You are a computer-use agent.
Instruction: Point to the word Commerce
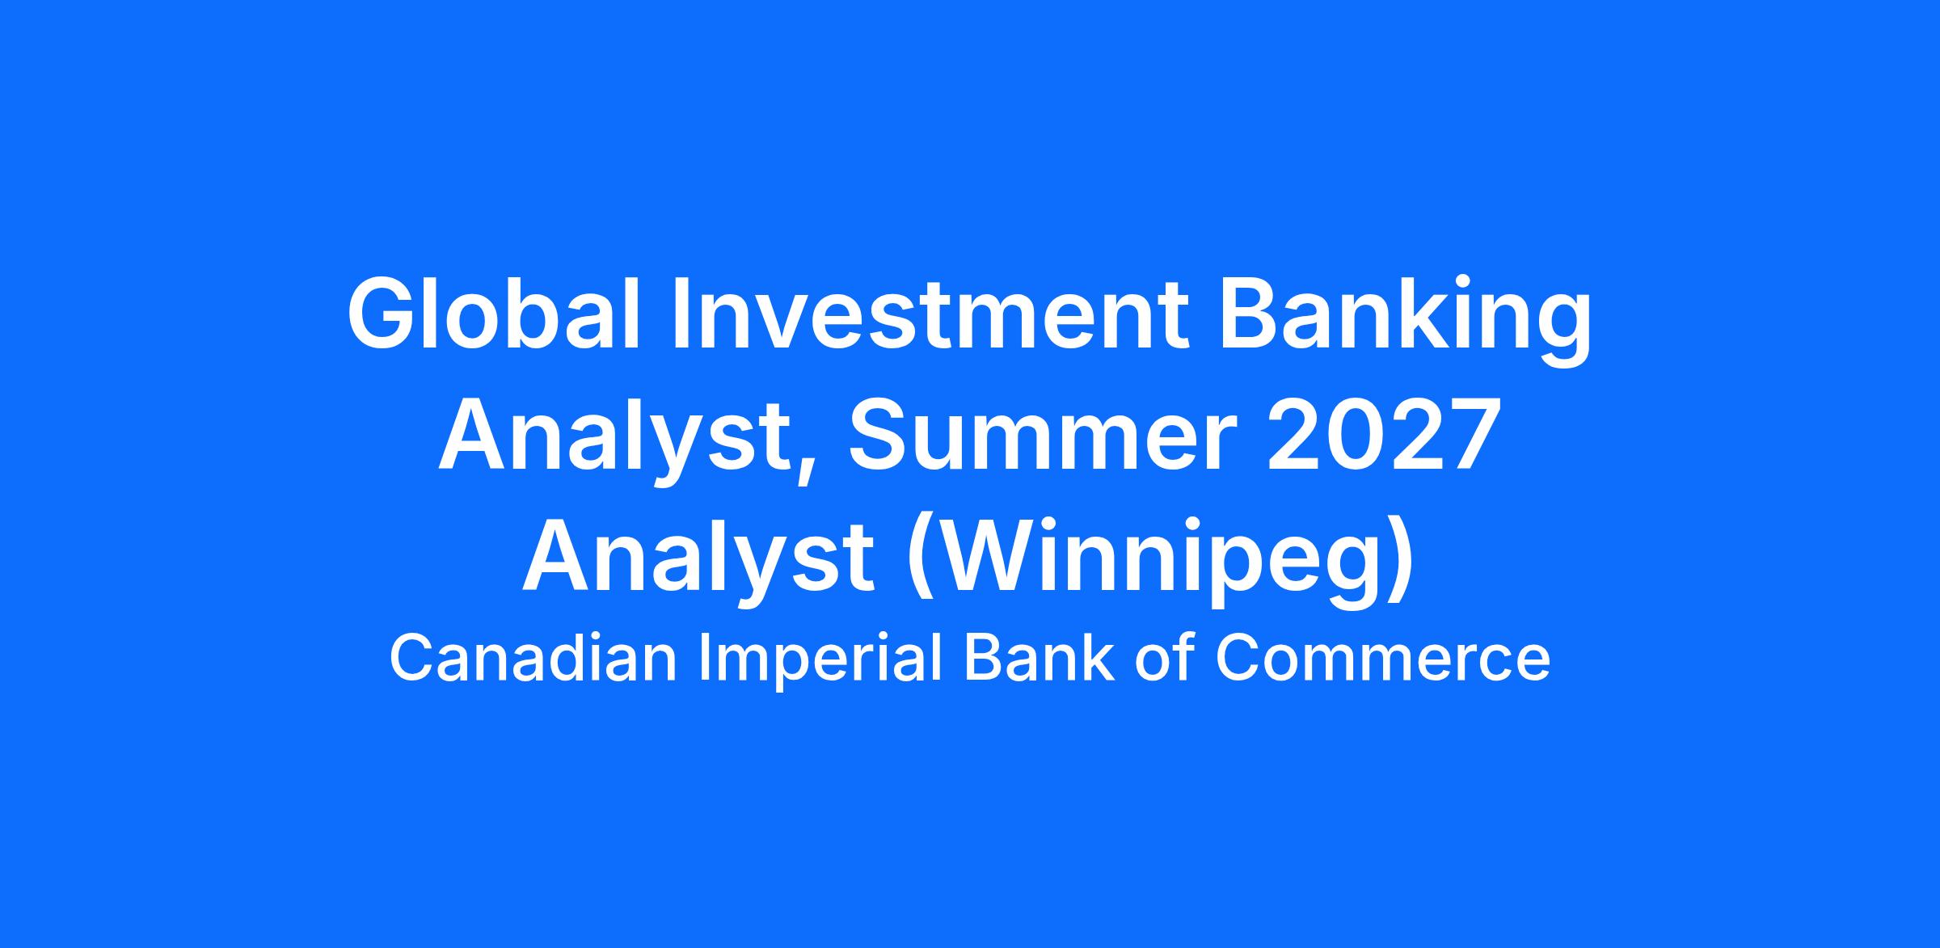(1382, 658)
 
